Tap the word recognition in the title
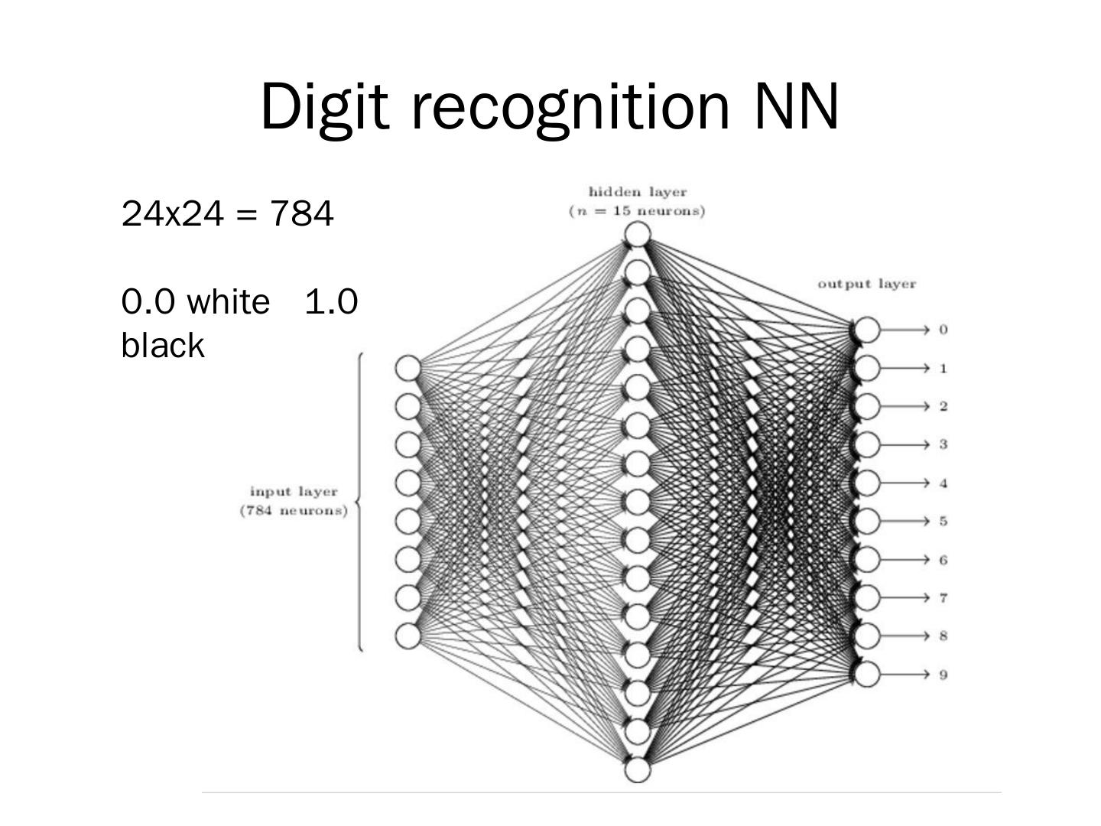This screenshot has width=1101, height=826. coord(570,106)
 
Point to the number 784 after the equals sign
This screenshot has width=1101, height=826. coord(302,214)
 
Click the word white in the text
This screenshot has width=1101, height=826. coord(228,302)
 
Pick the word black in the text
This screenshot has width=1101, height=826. coord(163,346)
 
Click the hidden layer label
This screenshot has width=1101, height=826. coord(637,192)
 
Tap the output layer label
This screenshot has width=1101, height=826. coord(866,284)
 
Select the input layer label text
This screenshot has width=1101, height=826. coord(294,492)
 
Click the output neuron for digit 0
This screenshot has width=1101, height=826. coord(867,330)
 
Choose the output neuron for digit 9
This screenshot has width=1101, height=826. coord(867,674)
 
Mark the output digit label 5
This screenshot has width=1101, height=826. coord(943,522)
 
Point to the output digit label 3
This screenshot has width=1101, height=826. coord(943,444)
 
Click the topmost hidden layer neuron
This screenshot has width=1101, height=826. coord(637,234)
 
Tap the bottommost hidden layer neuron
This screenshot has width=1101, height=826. coord(637,769)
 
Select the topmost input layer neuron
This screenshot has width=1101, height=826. coord(408,368)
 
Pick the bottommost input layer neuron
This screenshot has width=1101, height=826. coord(408,636)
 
